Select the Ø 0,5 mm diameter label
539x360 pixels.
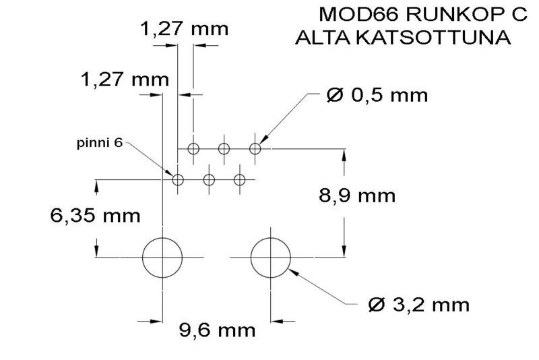[377, 95]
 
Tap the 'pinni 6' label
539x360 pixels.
[100, 144]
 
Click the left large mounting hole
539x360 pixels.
[162, 257]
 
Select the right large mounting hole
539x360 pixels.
[271, 257]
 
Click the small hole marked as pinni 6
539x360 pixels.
[178, 180]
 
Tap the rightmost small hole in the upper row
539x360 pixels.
[255, 148]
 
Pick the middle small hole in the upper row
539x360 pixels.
[224, 148]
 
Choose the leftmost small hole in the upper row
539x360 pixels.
[194, 148]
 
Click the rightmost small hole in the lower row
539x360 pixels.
[239, 180]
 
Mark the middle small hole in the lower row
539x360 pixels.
[209, 180]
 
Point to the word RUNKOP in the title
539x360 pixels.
[445, 14]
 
